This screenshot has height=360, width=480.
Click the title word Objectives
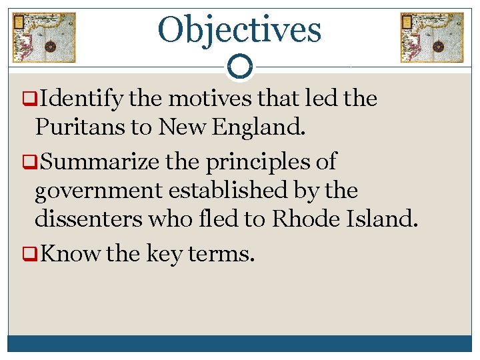[239, 29]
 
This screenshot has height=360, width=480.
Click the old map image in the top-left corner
[45, 37]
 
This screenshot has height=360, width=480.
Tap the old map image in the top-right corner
[431, 37]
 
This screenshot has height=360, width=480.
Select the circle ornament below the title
[240, 67]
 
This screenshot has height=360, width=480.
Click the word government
[99, 191]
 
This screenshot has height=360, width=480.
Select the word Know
[69, 253]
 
